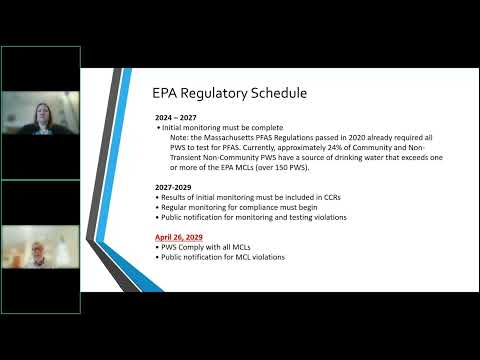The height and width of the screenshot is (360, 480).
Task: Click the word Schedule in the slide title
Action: click(x=279, y=93)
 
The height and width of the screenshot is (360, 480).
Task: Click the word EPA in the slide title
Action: click(x=165, y=93)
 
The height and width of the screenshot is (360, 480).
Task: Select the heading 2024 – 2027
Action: click(x=176, y=118)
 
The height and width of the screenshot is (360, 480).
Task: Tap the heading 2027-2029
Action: click(x=173, y=187)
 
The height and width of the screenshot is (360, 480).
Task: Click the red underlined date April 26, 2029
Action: click(x=179, y=237)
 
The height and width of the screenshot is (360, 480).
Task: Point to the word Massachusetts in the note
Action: click(x=229, y=137)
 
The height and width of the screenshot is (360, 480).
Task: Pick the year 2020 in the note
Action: click(x=357, y=137)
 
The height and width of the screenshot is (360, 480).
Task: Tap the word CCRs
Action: click(x=332, y=197)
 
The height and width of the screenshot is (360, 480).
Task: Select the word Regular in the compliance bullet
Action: click(x=174, y=207)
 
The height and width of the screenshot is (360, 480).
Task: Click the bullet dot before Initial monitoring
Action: click(x=159, y=128)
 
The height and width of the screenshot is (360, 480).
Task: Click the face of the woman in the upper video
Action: click(x=42, y=113)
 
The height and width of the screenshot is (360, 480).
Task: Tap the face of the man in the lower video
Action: click(x=36, y=251)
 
